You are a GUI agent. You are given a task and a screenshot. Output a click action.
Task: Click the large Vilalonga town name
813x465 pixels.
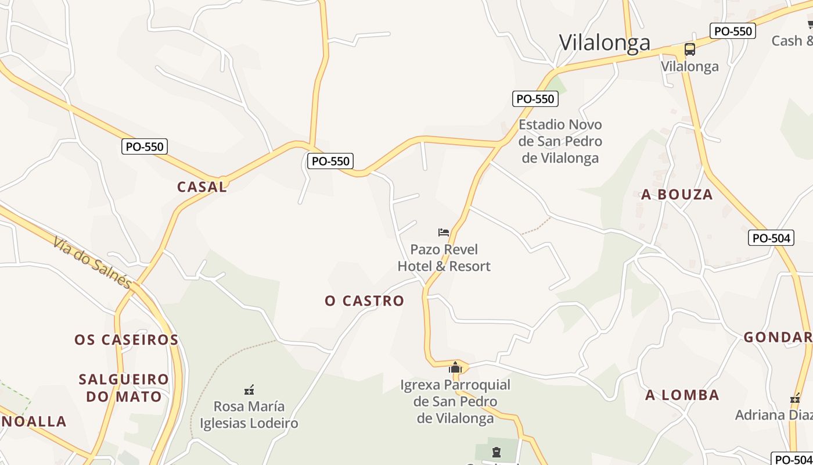point(605,42)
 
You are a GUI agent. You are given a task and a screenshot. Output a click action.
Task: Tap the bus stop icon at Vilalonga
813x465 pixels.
point(690,49)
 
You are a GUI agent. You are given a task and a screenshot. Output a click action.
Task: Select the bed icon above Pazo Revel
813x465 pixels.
point(444,233)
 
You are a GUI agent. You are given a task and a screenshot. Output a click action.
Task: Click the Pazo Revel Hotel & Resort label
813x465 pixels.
point(444,258)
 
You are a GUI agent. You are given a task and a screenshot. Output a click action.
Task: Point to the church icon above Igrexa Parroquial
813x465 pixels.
point(455,367)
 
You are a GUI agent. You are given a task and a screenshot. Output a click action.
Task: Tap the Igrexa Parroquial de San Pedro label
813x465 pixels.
point(455,401)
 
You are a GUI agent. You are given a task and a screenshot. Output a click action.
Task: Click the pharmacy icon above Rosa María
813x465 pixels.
point(249,390)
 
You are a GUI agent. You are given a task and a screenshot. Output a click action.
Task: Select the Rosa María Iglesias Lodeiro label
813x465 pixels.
point(249,414)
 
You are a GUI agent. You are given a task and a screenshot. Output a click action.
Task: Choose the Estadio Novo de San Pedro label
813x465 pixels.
point(560,141)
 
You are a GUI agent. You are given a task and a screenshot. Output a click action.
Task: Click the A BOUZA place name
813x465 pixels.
point(677,195)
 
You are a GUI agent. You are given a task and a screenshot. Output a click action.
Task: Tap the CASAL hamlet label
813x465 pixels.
point(202,187)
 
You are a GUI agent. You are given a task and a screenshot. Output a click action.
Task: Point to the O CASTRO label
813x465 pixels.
point(364,301)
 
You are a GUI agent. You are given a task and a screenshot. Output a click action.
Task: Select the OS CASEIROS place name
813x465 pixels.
point(126,339)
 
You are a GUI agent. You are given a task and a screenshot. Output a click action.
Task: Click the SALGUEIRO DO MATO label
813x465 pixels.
point(124,388)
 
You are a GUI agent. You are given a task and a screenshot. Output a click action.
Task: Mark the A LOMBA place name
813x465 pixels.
point(682,395)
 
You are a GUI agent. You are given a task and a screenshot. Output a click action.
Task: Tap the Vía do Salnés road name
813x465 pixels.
point(92,262)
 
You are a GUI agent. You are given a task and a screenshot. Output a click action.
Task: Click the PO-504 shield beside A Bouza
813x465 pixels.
point(771,238)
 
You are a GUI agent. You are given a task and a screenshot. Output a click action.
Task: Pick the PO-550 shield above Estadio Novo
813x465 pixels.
point(535,99)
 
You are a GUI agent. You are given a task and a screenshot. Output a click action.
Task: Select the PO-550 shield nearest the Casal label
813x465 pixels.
point(145,146)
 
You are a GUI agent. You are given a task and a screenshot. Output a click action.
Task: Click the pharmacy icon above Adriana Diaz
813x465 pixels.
point(795,399)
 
